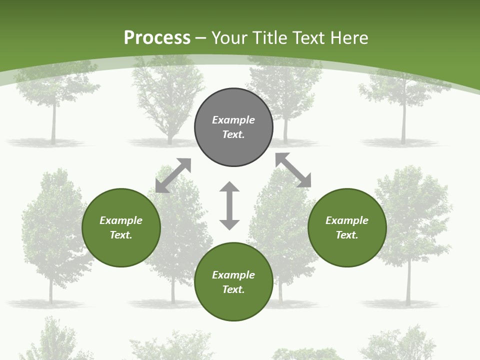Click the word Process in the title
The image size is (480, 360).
coord(157,38)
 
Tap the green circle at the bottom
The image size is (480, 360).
coord(233,305)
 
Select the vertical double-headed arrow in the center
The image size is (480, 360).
coord(229,205)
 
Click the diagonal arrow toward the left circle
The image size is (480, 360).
coord(173,175)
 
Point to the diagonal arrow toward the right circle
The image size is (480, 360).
coord(293,170)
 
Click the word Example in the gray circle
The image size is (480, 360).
coord(233,120)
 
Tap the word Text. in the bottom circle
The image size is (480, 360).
coord(233,289)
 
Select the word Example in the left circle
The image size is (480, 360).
coord(121,220)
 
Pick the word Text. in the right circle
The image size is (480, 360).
coord(347,235)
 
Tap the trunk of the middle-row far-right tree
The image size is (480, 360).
coord(408,285)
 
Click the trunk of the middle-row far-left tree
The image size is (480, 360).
coord(50,290)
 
